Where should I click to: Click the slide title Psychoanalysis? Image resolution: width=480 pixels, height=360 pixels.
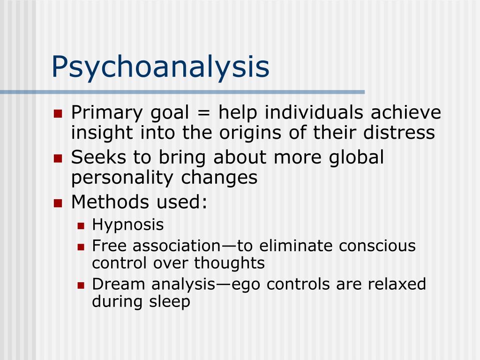click(160, 67)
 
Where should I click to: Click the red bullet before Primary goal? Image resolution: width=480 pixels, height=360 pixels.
click(58, 113)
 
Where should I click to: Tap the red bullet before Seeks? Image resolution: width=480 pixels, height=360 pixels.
click(58, 158)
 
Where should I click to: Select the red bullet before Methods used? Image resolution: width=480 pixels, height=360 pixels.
click(58, 203)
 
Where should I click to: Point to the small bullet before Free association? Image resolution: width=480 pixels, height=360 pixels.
click(81, 246)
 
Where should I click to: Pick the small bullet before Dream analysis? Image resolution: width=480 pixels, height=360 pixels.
click(81, 285)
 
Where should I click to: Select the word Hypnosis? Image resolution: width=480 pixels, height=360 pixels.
click(128, 225)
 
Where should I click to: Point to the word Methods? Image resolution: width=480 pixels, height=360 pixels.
click(109, 202)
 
